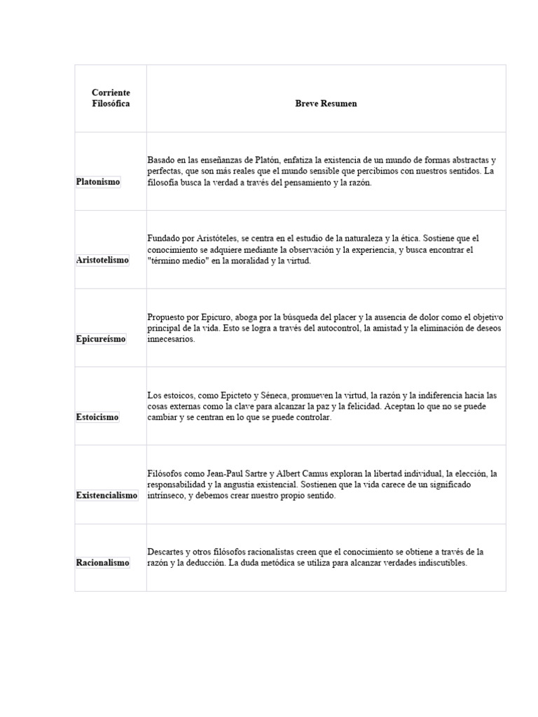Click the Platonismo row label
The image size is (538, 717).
pos(98,182)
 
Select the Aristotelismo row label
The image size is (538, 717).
pos(102,260)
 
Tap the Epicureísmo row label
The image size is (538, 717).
pos(101,339)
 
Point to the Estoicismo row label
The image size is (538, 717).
pos(97,417)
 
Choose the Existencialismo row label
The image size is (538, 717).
pos(106,496)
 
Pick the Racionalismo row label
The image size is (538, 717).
pos(102,563)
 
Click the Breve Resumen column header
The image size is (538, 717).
pos(326,104)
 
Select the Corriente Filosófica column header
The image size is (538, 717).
pos(111,98)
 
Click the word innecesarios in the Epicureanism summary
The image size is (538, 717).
pos(171,339)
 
